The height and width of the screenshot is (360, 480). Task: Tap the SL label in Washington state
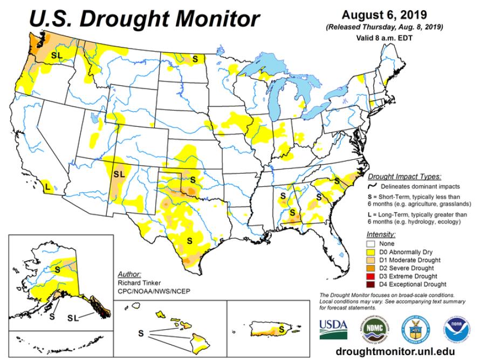57,55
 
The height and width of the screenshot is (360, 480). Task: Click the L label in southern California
47,187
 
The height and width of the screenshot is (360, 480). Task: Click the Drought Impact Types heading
404,176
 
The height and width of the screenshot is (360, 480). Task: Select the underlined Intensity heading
381,235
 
